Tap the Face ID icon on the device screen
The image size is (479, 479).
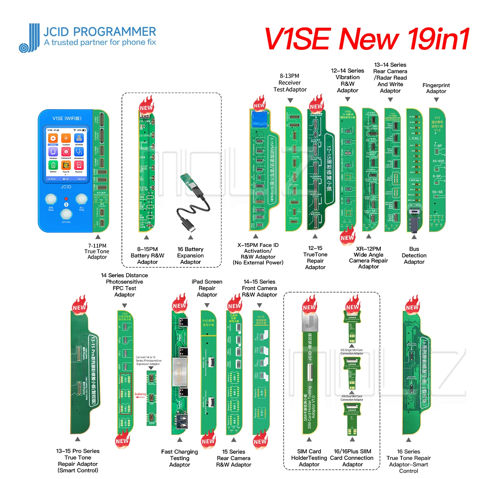(66, 165)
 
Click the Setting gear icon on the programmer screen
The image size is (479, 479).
(53, 138)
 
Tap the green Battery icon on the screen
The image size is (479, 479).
(53, 165)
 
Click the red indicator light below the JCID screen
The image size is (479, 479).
(66, 204)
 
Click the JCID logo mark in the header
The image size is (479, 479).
(29, 38)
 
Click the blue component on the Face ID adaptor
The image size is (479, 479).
(260, 119)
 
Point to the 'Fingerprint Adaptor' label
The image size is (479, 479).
(436, 88)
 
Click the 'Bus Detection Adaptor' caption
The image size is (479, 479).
(414, 255)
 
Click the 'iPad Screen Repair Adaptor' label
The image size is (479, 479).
(207, 288)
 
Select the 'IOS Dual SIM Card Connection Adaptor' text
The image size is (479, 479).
(352, 398)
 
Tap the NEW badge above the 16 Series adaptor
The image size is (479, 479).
(412, 307)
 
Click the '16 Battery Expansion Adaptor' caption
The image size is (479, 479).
(190, 255)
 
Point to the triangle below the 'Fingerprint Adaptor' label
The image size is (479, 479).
(437, 100)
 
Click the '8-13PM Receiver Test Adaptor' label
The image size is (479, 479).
(290, 83)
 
